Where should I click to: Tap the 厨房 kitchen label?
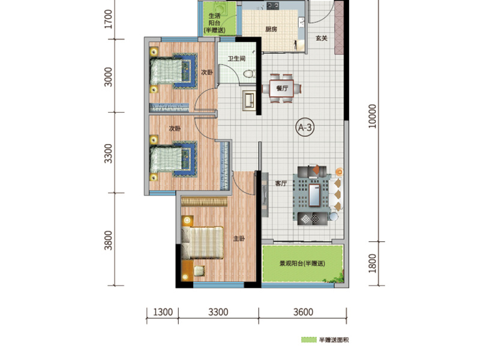271,29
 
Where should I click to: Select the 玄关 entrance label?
322,38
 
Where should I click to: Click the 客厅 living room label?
282,184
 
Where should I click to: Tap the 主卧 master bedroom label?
239,239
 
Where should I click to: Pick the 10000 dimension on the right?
373,116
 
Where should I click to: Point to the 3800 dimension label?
109,240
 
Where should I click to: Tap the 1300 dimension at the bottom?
163,312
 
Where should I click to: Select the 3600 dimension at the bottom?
304,312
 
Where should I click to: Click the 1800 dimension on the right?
373,263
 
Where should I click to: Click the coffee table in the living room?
314,193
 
